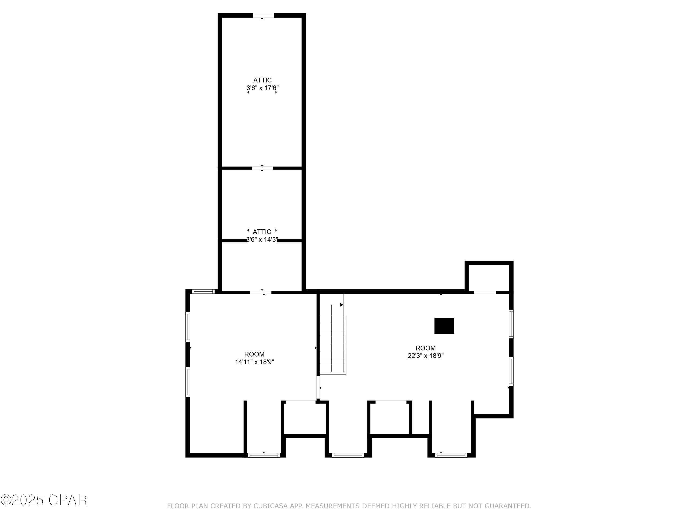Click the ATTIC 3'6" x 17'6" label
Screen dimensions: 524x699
coord(262,84)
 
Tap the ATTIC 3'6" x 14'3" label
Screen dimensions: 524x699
coord(262,236)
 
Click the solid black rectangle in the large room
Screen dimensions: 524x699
coord(444,326)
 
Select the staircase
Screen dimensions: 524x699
coord(332,344)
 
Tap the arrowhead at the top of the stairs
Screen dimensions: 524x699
coord(341,305)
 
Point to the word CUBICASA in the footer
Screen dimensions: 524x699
coord(270,506)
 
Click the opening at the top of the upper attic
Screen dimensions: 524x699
coord(263,15)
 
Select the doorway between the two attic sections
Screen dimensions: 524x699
coord(262,168)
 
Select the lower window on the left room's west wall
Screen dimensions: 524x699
coord(188,382)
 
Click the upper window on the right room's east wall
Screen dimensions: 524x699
coord(511,324)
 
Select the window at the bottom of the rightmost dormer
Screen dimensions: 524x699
coord(451,455)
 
